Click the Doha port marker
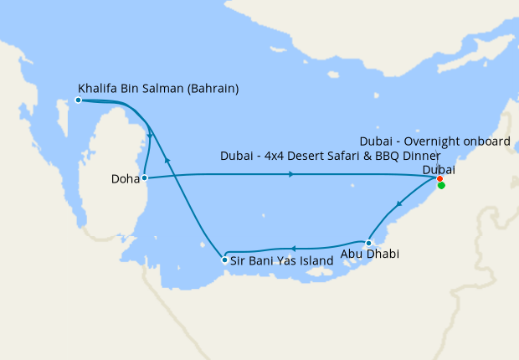[145, 177]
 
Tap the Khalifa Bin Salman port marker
[78, 100]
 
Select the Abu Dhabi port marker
[368, 243]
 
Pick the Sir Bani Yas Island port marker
[224, 260]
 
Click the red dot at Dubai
[440, 178]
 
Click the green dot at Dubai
[441, 186]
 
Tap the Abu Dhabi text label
[370, 255]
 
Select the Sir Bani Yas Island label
[281, 260]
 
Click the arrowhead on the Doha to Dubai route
[290, 174]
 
